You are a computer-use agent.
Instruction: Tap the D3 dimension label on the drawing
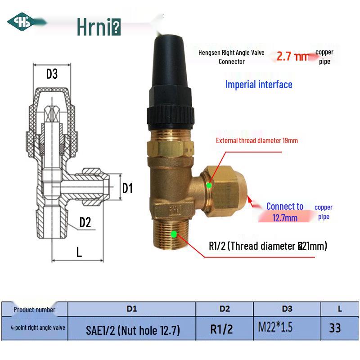[52, 74]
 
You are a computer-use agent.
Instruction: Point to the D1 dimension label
[128, 188]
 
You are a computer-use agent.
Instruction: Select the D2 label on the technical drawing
[85, 222]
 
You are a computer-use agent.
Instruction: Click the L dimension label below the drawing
[79, 252]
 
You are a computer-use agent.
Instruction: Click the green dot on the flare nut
[209, 185]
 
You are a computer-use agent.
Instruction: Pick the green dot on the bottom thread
[174, 234]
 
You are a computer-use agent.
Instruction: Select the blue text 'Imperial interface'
[259, 85]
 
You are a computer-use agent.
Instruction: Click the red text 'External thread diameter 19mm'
[257, 140]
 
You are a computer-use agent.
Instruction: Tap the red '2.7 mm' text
[293, 57]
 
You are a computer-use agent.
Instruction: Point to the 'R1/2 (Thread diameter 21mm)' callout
[268, 246]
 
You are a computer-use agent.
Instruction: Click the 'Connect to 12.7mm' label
[285, 212]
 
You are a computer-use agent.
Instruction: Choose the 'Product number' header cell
[34, 309]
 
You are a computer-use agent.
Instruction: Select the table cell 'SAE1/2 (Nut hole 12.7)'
[133, 331]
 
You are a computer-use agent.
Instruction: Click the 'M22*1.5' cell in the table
[275, 328]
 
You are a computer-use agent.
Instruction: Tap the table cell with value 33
[335, 328]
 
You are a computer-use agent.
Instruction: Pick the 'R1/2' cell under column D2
[222, 329]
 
